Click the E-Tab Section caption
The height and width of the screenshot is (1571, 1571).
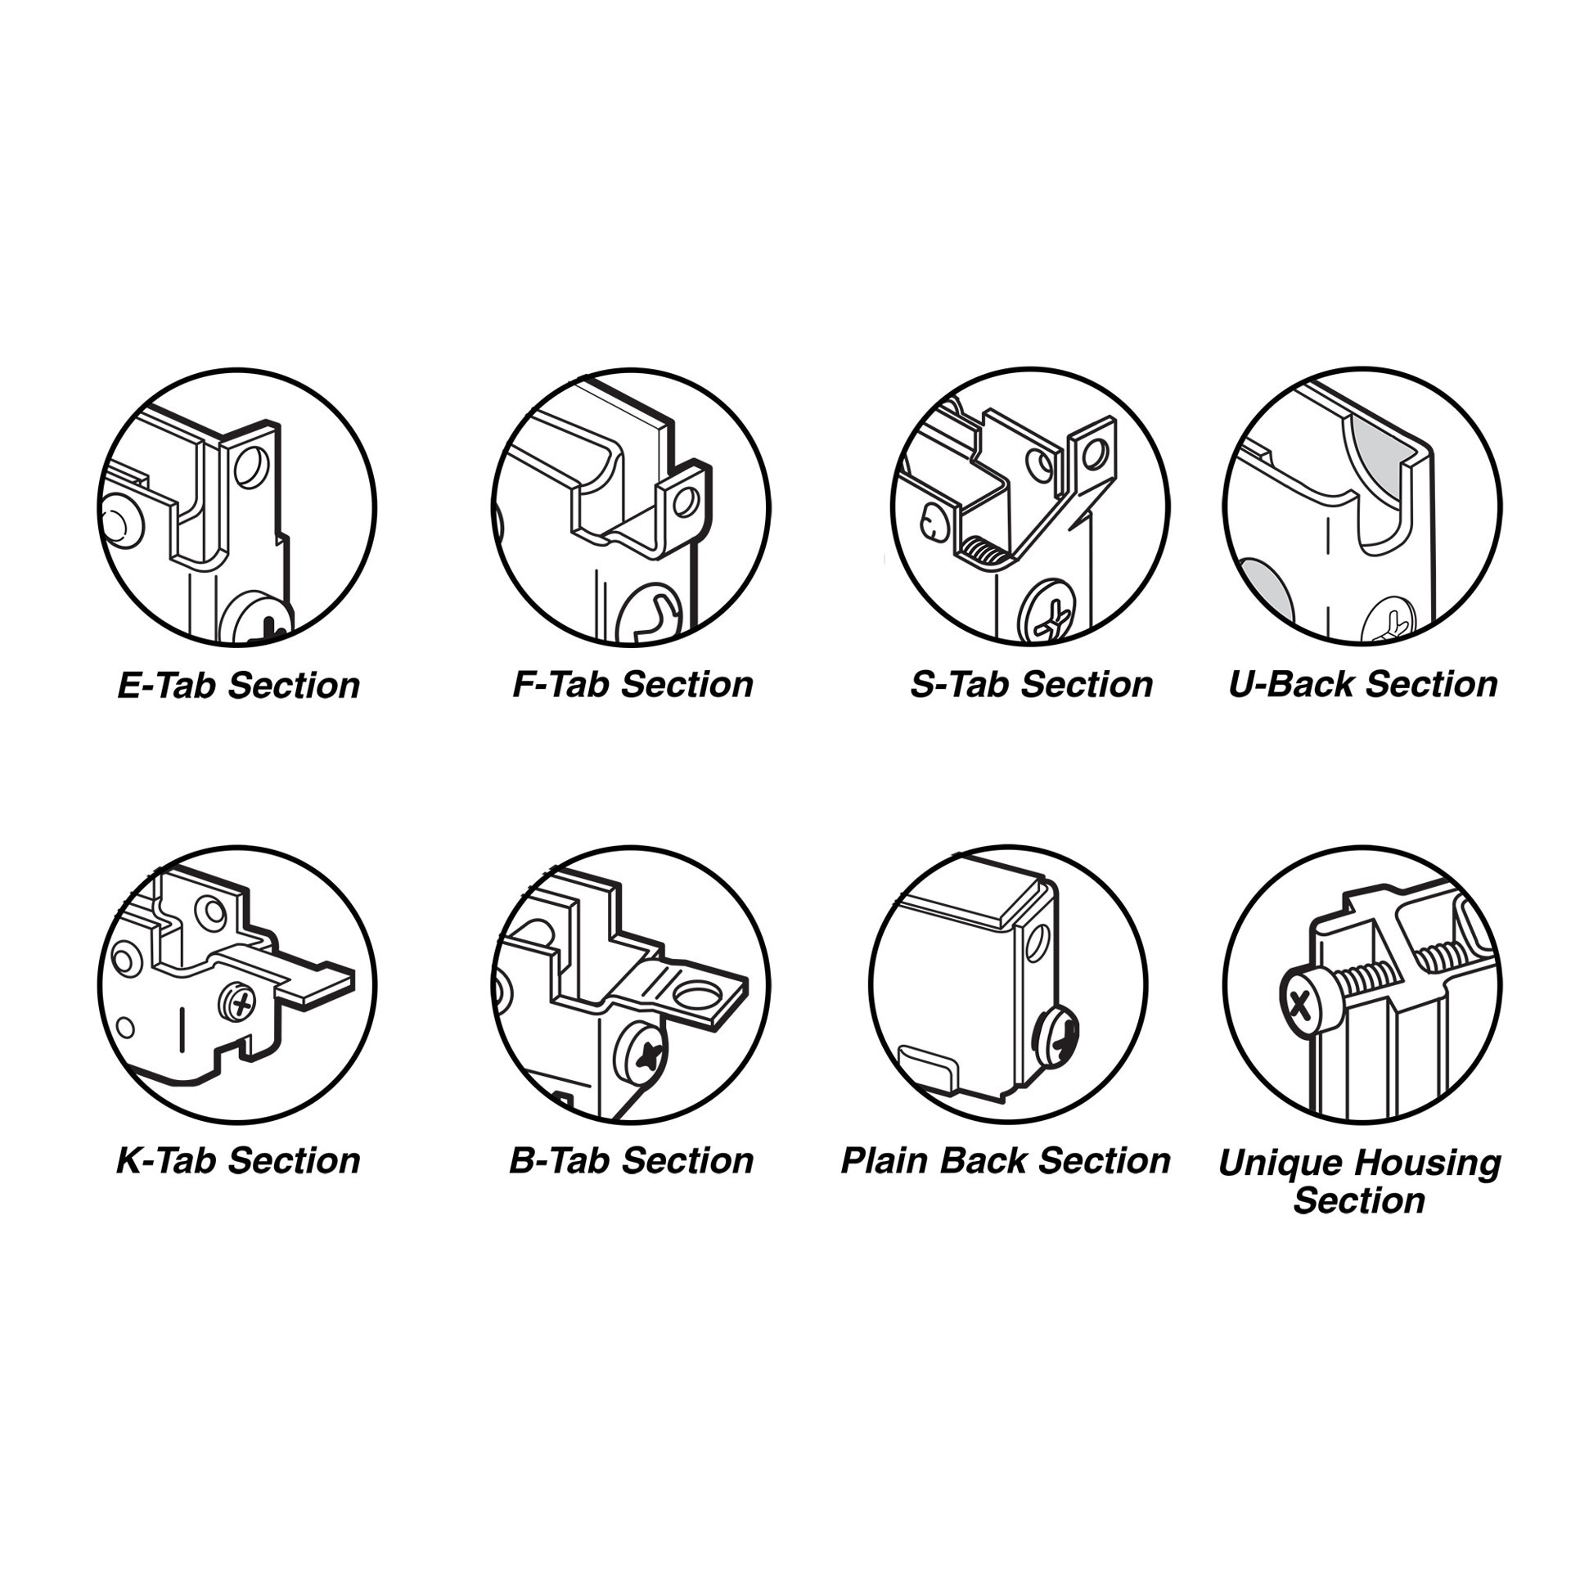(238, 685)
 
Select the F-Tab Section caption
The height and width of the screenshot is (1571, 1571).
(632, 684)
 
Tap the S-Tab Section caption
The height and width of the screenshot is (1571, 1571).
(1030, 684)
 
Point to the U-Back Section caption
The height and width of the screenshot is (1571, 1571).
(1362, 684)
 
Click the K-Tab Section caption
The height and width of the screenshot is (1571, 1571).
(238, 1160)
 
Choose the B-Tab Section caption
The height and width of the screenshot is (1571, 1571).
(631, 1160)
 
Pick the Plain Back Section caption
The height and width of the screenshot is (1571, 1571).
(1005, 1160)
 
